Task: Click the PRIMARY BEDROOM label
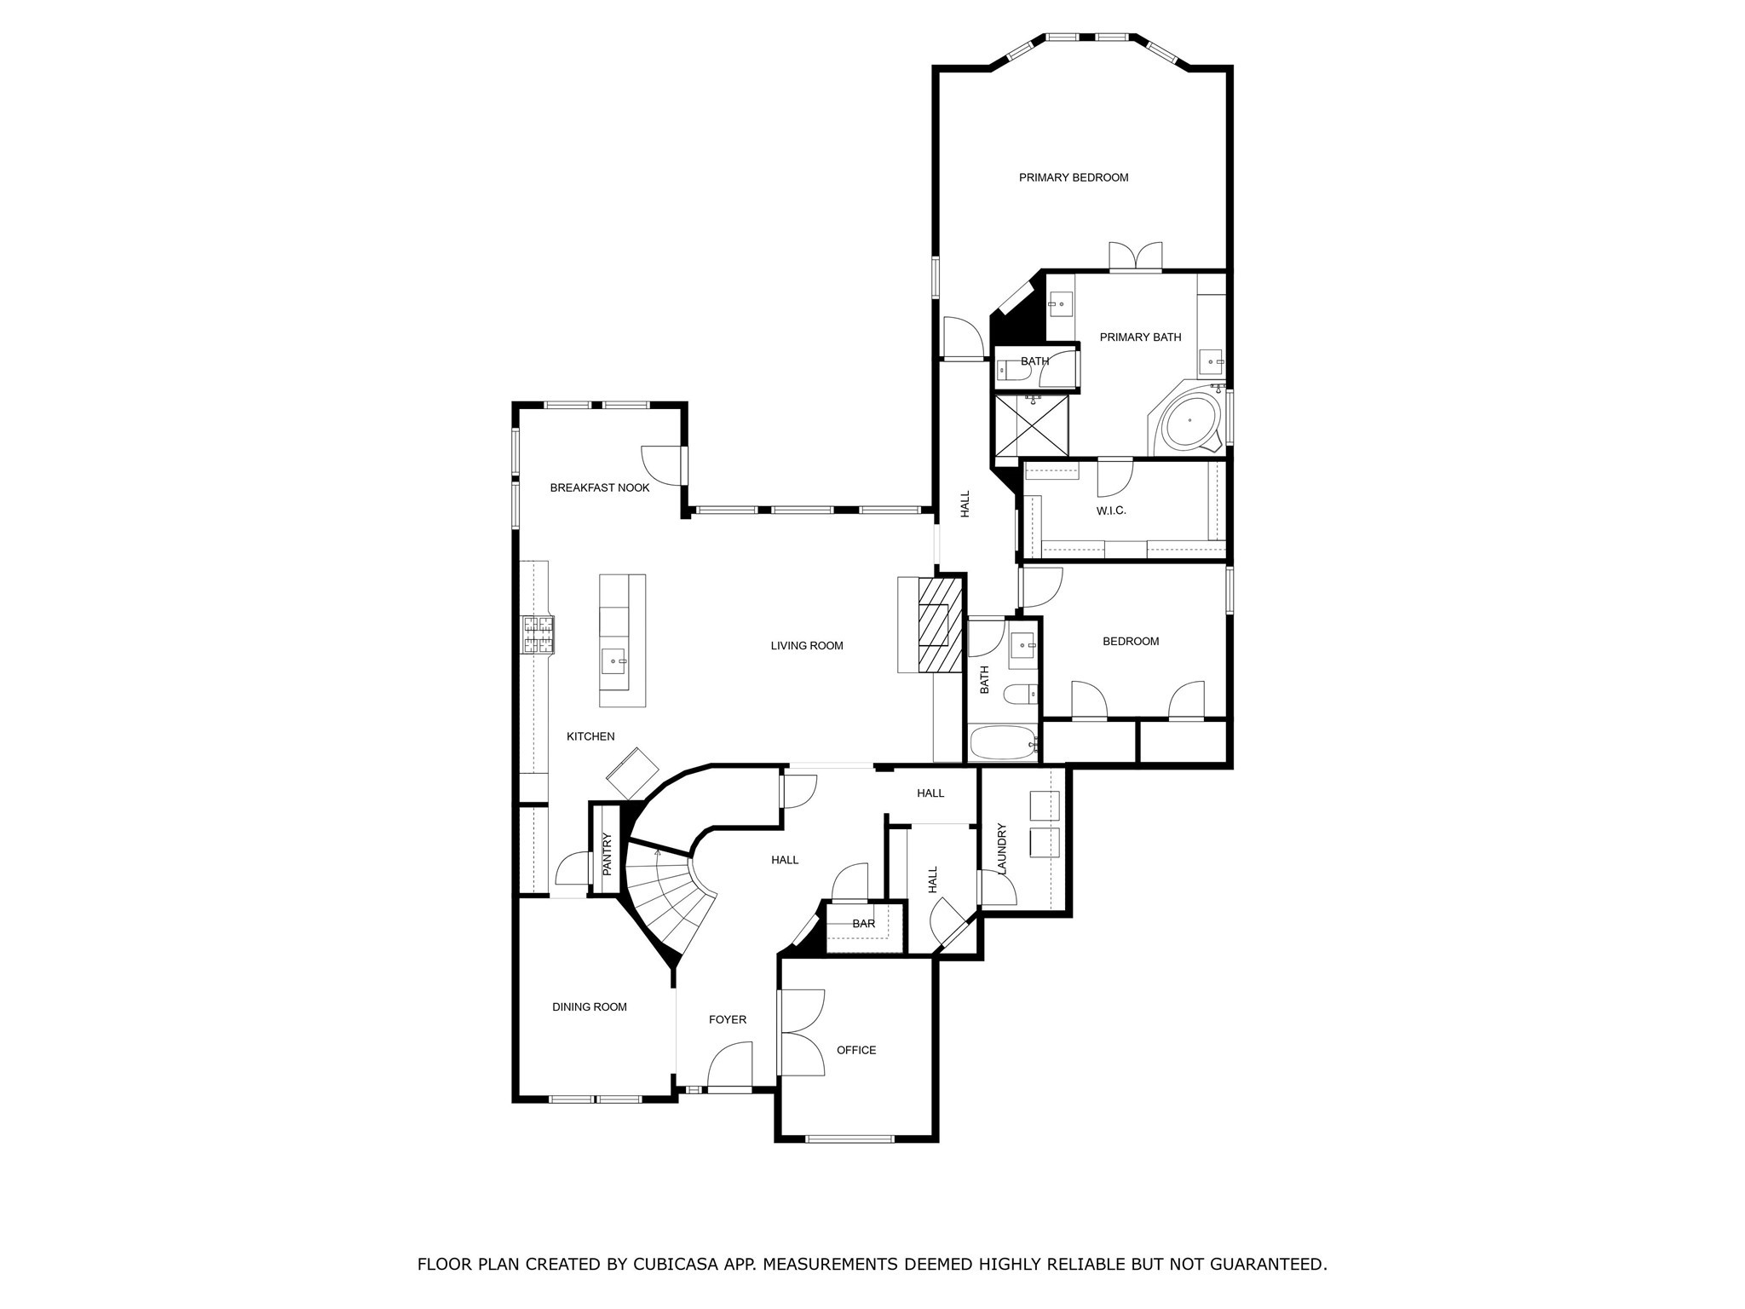(x=1073, y=177)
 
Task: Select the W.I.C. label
(x=1110, y=510)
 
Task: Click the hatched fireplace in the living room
(x=941, y=626)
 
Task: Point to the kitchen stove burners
(x=538, y=634)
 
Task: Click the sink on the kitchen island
(x=613, y=660)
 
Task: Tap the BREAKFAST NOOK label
(x=599, y=487)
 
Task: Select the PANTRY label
(x=607, y=854)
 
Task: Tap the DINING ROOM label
(x=589, y=1006)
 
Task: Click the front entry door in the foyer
(x=730, y=1067)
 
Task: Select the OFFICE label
(x=855, y=1050)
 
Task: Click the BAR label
(x=863, y=924)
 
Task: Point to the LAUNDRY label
(x=1002, y=848)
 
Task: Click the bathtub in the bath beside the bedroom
(x=1002, y=743)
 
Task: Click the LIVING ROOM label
(x=806, y=645)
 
